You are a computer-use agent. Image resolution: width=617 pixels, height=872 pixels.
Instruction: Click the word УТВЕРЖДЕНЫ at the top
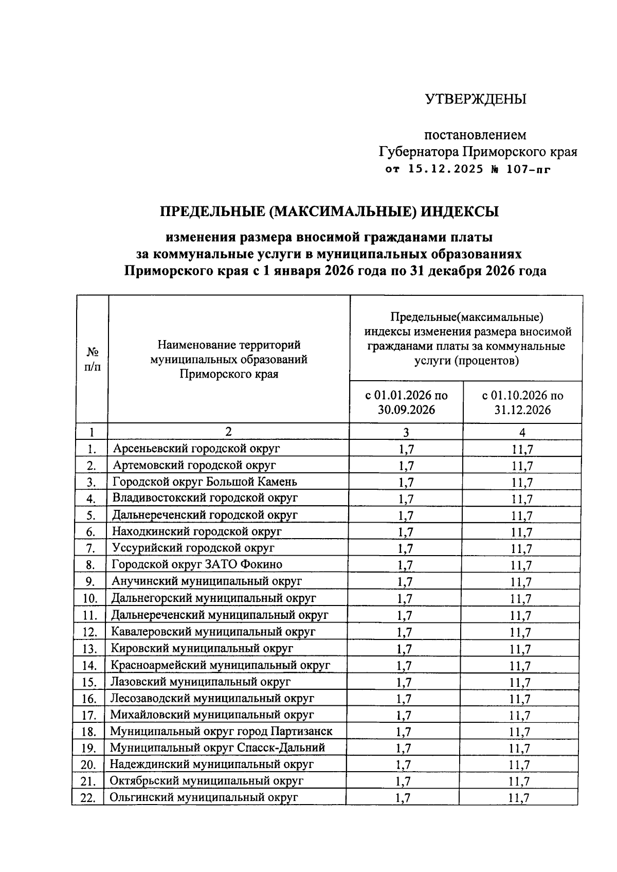tap(475, 99)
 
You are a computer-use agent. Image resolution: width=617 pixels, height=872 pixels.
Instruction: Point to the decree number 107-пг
tap(529, 169)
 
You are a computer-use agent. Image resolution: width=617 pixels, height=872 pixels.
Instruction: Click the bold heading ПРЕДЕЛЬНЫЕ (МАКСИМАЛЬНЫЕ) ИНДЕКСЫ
tap(330, 211)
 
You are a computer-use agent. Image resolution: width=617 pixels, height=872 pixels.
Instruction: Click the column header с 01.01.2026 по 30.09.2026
tap(406, 402)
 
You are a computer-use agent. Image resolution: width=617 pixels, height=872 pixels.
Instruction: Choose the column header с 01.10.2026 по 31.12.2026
tap(522, 402)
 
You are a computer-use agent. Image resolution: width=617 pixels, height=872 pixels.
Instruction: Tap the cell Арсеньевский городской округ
tap(196, 448)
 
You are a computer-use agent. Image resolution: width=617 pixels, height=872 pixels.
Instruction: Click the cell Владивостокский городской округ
tap(205, 498)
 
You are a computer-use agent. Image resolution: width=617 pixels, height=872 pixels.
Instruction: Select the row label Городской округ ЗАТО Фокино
tap(197, 564)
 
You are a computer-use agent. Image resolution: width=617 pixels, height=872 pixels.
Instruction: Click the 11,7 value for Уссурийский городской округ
tap(521, 549)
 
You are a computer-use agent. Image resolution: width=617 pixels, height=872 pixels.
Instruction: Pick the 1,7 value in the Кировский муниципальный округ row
tap(405, 649)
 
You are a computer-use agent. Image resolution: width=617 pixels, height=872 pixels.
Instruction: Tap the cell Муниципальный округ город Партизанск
tap(221, 731)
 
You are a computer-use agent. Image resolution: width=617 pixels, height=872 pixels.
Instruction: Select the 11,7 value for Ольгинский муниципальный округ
tap(519, 798)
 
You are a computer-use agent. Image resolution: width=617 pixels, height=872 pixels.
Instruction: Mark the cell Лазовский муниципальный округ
tap(201, 682)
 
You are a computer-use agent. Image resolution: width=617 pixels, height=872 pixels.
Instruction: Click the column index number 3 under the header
tap(406, 432)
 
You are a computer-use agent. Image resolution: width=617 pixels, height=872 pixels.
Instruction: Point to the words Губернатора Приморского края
tap(478, 152)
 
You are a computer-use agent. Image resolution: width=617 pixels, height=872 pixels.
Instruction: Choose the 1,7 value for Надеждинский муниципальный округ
tap(404, 765)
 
